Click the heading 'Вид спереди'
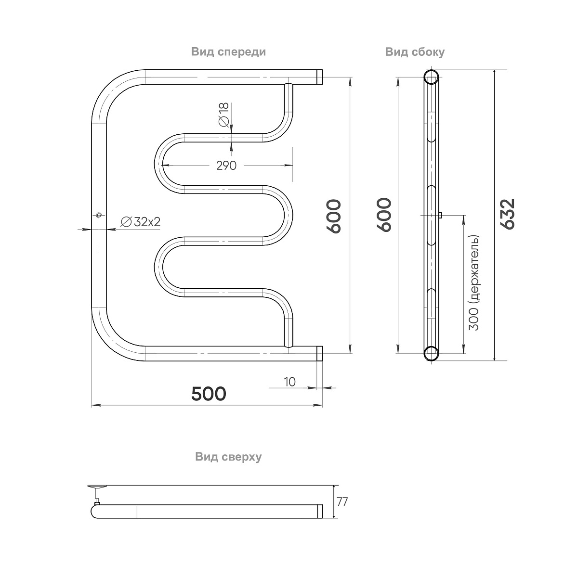(x=228, y=52)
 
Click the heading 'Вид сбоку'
(x=415, y=52)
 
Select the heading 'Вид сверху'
(x=228, y=457)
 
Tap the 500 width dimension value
(x=209, y=394)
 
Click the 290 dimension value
(x=226, y=165)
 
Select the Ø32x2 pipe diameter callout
(x=140, y=222)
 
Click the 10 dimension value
(x=290, y=382)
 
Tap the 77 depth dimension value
(x=342, y=501)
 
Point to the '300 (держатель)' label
(x=474, y=282)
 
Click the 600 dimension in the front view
(x=334, y=216)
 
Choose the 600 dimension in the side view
(x=384, y=215)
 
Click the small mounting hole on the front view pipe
(x=98, y=215)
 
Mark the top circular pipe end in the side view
(x=431, y=77)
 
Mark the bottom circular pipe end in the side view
(x=431, y=353)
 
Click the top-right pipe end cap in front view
(x=319, y=77)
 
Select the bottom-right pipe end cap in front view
(x=319, y=353)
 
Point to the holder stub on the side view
(x=440, y=215)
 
